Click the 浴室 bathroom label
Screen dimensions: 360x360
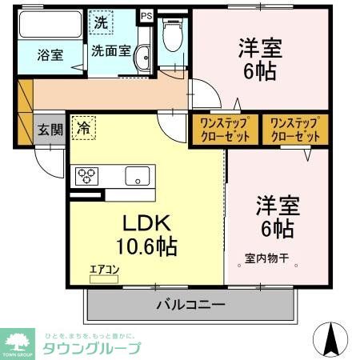click(x=50, y=55)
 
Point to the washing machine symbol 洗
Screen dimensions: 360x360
click(x=102, y=22)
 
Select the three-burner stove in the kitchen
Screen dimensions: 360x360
click(x=87, y=176)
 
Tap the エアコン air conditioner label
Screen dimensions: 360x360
click(x=103, y=269)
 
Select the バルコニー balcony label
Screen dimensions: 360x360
click(x=190, y=305)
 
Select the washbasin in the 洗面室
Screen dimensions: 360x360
click(x=143, y=58)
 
